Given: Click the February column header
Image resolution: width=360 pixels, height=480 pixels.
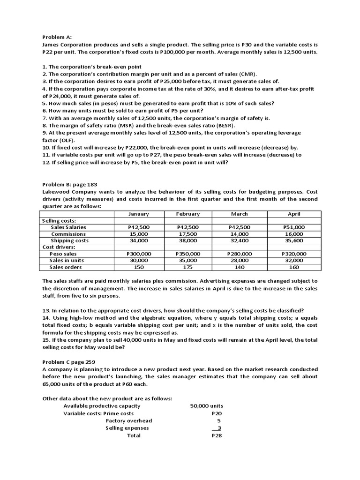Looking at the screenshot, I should pyautogui.click(x=187, y=214).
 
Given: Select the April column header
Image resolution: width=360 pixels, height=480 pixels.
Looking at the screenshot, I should pyautogui.click(x=294, y=214).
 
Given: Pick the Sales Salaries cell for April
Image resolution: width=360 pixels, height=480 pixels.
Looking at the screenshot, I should pyautogui.click(x=294, y=227).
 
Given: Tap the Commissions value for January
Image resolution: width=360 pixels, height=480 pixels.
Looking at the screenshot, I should pyautogui.click(x=139, y=234).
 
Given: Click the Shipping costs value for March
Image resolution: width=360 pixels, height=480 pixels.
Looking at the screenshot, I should pyautogui.click(x=239, y=240).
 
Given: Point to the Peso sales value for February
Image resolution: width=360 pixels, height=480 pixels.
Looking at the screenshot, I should pyautogui.click(x=187, y=254).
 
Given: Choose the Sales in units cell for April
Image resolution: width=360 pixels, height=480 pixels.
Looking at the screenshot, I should pyautogui.click(x=294, y=260).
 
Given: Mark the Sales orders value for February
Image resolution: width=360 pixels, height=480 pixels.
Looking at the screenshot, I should pyautogui.click(x=187, y=267).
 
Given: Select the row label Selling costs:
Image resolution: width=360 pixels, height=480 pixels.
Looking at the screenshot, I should pyautogui.click(x=59, y=220).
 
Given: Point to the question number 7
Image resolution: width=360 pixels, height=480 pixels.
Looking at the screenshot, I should pyautogui.click(x=45, y=118).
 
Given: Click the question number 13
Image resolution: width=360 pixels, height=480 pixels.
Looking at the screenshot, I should pyautogui.click(x=46, y=310).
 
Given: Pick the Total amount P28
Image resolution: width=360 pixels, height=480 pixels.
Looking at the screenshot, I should pyautogui.click(x=216, y=435).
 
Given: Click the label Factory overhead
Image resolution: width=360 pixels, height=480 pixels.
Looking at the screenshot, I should pyautogui.click(x=129, y=420).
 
